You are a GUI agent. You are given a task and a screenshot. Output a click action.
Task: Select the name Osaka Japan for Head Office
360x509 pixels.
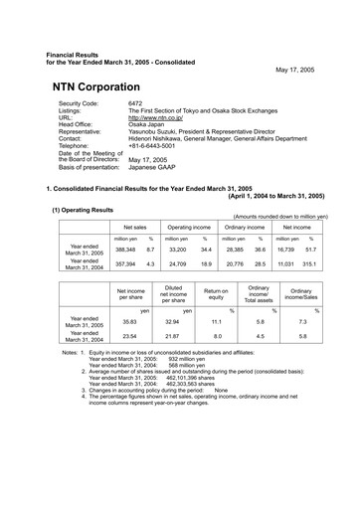(148, 123)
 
